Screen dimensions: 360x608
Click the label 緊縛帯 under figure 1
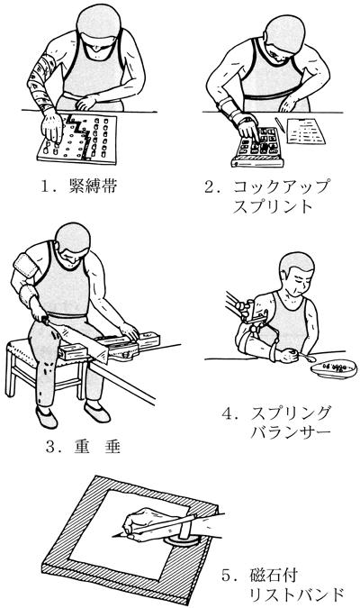pyautogui.click(x=93, y=186)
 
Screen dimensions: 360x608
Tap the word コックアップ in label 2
pyautogui.click(x=280, y=186)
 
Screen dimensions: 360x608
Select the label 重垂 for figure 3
pyautogui.click(x=97, y=447)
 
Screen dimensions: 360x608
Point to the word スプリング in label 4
pyautogui.click(x=290, y=413)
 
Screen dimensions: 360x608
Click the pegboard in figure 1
pyautogui.click(x=77, y=139)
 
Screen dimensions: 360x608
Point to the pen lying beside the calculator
pyautogui.click(x=279, y=124)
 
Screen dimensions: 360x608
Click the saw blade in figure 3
pyautogui.click(x=82, y=343)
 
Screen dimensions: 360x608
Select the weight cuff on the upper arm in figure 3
pyautogui.click(x=25, y=266)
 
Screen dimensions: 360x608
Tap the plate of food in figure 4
pyautogui.click(x=334, y=368)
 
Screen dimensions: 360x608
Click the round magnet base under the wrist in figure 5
pyautogui.click(x=181, y=541)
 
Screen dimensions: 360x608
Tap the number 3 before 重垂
pyautogui.click(x=50, y=447)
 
